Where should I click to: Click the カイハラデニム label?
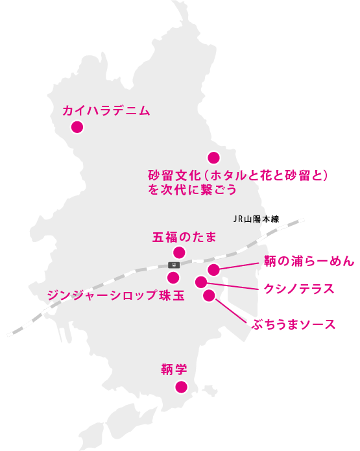(x=106, y=111)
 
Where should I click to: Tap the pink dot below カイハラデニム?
(x=77, y=127)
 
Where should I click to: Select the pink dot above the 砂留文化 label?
(x=213, y=158)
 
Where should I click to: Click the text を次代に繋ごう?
(x=192, y=189)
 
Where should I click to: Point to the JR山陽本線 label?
(x=256, y=219)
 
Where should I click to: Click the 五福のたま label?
(x=184, y=238)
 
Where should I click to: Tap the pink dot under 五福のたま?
(x=179, y=252)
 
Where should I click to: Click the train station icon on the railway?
(x=174, y=265)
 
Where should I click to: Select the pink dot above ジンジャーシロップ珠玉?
(x=173, y=278)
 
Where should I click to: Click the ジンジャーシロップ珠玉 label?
(x=115, y=295)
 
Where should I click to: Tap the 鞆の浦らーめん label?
(x=309, y=261)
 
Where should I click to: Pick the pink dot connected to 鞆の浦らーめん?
(x=213, y=270)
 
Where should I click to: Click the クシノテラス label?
(x=299, y=289)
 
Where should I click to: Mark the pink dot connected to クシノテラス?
(x=201, y=282)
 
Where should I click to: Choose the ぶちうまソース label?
(x=294, y=324)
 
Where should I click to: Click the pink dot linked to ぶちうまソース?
(x=209, y=296)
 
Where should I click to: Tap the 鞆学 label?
(x=174, y=369)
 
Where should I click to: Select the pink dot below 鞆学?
(x=181, y=387)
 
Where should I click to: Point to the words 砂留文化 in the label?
(x=173, y=175)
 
